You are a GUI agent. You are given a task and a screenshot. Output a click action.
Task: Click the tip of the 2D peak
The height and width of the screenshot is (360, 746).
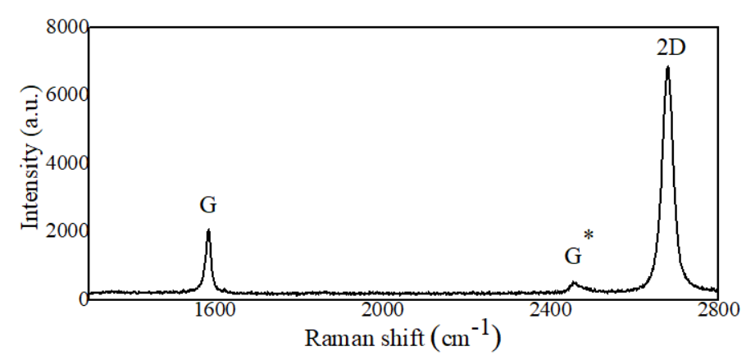667,67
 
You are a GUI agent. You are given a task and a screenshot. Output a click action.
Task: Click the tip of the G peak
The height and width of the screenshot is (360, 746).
208,230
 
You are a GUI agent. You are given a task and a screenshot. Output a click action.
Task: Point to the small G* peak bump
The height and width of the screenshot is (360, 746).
574,284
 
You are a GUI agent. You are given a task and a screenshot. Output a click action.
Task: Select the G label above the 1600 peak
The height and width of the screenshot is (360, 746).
208,205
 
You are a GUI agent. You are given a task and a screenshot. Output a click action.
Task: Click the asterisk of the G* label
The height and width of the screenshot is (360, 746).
589,236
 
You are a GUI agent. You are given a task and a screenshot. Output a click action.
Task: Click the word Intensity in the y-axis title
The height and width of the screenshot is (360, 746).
30,191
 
